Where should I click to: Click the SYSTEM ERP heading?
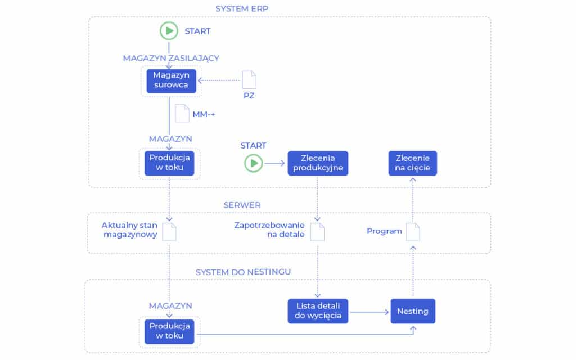tap(242, 8)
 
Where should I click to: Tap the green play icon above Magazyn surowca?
tap(169, 30)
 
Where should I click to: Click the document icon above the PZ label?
tap(249, 80)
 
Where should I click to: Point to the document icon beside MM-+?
tap(182, 113)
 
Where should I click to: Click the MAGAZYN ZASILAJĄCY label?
tap(171, 57)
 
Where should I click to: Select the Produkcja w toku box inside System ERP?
tap(169, 163)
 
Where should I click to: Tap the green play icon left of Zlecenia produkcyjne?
tap(254, 163)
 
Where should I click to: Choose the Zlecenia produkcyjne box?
tap(318, 163)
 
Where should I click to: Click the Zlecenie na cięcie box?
tap(413, 163)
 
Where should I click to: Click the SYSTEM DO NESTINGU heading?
tap(243, 272)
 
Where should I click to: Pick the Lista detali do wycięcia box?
tap(318, 310)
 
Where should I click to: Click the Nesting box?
tap(413, 310)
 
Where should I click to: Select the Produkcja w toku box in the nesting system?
tap(169, 332)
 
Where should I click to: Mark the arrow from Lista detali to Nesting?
tap(369, 310)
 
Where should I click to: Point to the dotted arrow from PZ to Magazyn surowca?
tap(219, 80)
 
